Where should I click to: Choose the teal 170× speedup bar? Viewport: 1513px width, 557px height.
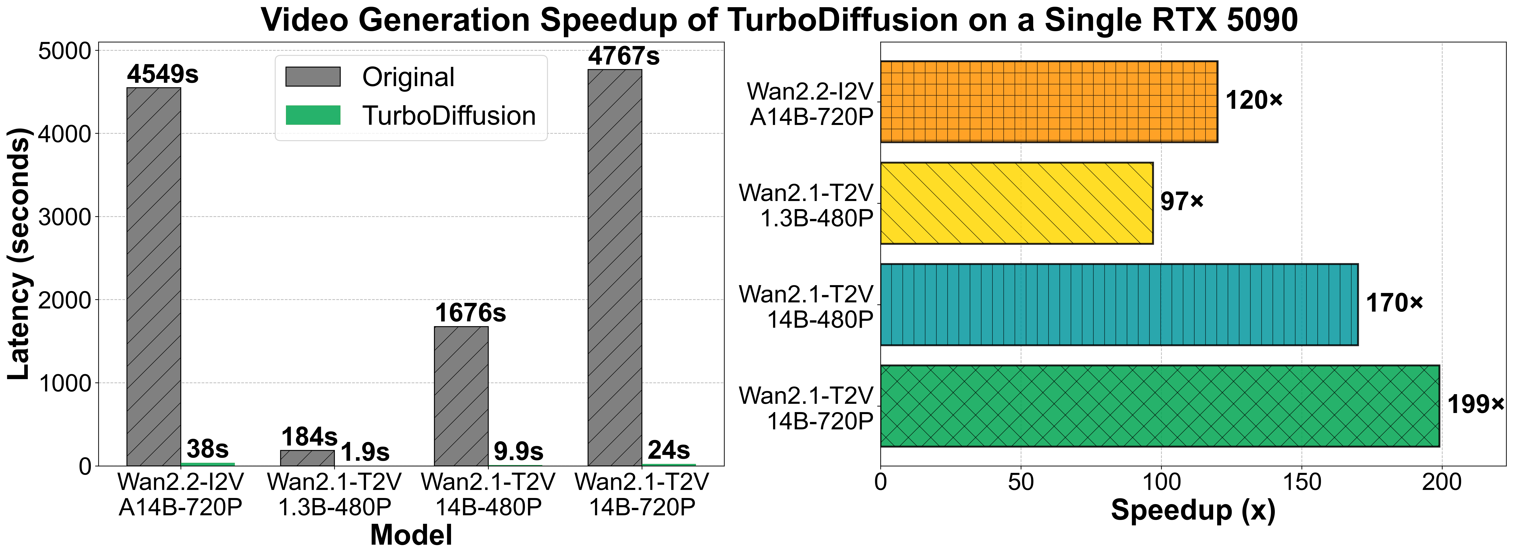tap(1119, 304)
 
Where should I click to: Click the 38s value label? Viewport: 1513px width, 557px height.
tap(207, 450)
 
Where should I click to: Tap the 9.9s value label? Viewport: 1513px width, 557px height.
tap(518, 451)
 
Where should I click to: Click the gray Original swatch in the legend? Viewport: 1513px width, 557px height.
tap(313, 77)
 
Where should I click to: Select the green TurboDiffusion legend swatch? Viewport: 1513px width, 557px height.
tap(313, 115)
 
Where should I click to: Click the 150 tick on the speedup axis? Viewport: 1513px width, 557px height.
tap(1302, 482)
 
